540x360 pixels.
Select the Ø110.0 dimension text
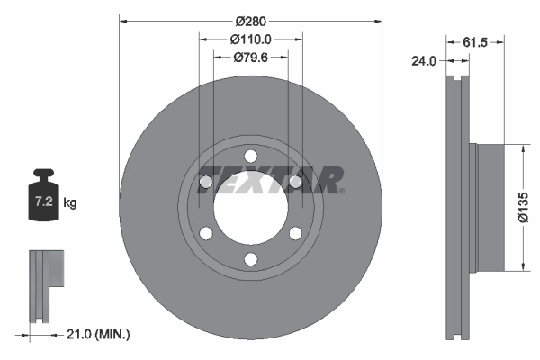(251, 40)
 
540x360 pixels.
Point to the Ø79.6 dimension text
(251, 58)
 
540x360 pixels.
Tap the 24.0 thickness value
(423, 62)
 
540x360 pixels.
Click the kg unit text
(70, 203)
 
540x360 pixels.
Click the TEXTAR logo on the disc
(270, 177)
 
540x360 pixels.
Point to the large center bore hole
(250, 208)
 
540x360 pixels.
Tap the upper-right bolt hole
(294, 183)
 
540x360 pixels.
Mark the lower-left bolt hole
(206, 234)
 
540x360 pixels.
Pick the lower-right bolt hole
(294, 234)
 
